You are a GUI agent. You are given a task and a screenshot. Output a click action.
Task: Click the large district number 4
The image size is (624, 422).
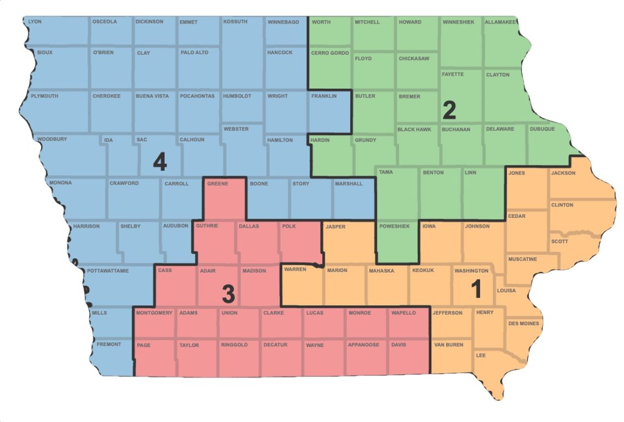[159, 163]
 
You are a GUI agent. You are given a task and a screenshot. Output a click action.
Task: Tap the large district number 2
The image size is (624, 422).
[449, 111]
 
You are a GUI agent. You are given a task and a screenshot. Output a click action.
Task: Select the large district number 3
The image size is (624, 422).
[228, 294]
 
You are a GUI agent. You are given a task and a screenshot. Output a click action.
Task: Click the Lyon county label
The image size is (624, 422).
[34, 22]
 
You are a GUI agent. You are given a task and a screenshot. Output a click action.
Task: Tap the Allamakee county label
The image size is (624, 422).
[501, 22]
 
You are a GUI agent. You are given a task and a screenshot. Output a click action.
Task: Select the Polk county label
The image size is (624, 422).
[290, 226]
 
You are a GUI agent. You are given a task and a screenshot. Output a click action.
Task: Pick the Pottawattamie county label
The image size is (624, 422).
[108, 271]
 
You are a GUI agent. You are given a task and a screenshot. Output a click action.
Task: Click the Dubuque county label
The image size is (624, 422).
[542, 129]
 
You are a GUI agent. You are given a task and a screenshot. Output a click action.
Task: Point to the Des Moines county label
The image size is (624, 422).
[523, 323]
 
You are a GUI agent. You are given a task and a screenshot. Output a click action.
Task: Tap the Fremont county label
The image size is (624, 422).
[108, 344]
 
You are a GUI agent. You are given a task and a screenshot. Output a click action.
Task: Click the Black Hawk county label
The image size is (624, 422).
[414, 129]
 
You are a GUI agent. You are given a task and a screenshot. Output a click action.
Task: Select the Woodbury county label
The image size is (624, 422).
[52, 140]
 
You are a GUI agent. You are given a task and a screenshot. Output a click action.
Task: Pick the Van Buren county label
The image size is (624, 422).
[448, 345]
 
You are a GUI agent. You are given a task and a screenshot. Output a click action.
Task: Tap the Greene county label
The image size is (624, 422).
[217, 184]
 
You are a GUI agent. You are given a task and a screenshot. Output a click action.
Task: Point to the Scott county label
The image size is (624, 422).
[559, 241]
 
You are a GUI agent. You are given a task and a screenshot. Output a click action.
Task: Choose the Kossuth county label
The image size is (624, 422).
[235, 22]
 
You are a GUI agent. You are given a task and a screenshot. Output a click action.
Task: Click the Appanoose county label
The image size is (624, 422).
[363, 345]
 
